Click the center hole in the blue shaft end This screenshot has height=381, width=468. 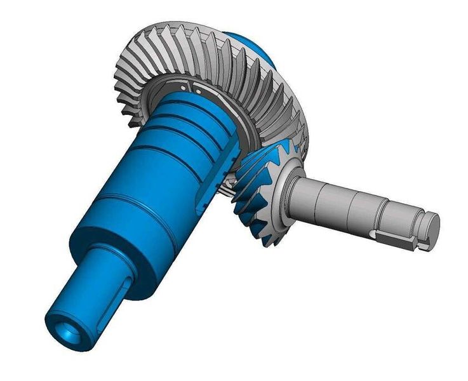pyautogui.click(x=65, y=331)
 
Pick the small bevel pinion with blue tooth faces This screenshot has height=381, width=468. pyautogui.click(x=264, y=197)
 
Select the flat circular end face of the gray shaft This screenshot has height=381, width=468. pyautogui.click(x=431, y=223)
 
